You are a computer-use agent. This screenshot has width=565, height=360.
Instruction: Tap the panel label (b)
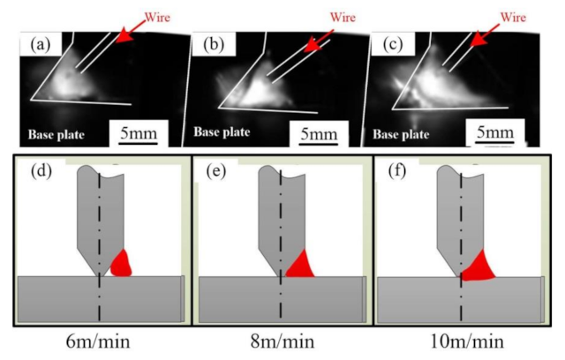click(213, 43)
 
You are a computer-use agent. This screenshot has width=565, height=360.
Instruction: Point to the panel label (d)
click(37, 171)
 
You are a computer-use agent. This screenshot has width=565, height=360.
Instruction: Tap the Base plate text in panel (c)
click(402, 137)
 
